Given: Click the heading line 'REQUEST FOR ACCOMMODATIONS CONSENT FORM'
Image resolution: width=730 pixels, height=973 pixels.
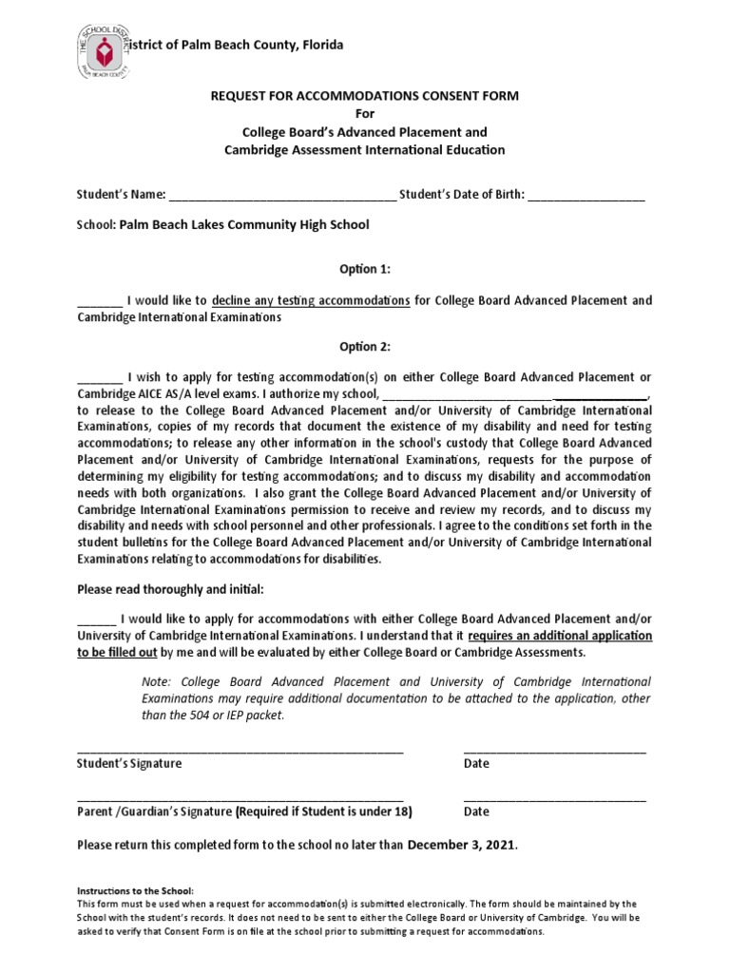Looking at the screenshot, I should click(x=364, y=97).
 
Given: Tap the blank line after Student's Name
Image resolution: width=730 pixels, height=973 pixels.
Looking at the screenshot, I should click(x=282, y=198).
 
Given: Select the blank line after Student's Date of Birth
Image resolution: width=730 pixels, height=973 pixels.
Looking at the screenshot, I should click(x=586, y=198).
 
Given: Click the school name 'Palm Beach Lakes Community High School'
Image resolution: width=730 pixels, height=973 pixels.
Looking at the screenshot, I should click(x=243, y=225).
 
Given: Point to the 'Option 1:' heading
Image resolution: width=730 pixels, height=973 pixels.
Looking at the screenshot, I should click(x=365, y=270).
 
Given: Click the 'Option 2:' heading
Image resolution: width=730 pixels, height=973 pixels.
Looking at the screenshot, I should click(x=365, y=347).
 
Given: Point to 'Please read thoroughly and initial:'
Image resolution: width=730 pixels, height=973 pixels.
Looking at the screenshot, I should click(x=170, y=589).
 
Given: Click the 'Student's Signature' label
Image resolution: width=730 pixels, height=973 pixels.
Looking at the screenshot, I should click(x=129, y=764).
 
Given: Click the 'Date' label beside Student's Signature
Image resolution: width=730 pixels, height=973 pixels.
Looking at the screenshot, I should click(x=476, y=764).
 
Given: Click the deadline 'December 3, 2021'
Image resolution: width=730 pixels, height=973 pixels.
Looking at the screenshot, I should click(x=463, y=844).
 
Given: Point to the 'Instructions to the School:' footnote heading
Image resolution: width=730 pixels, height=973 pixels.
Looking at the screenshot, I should click(x=134, y=891).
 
